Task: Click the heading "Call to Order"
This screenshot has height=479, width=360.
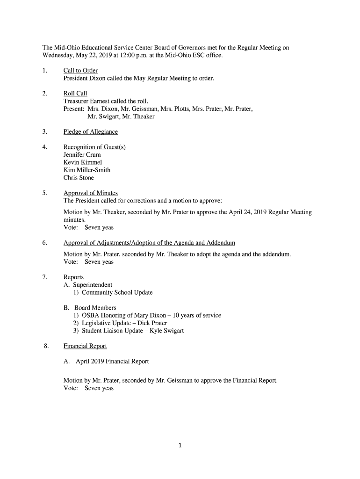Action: (80, 71)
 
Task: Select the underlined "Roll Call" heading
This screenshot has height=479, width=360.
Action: (75, 94)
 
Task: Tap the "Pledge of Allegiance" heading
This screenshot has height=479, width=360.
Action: (91, 132)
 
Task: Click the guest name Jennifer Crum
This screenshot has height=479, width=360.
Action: (82, 155)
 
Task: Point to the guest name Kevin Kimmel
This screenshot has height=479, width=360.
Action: (82, 162)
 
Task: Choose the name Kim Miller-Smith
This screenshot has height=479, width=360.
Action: (87, 170)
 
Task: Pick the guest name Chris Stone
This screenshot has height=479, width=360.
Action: (79, 178)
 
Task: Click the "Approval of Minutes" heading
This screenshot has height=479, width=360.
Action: (91, 193)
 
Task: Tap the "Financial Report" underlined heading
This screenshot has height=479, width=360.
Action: (85, 346)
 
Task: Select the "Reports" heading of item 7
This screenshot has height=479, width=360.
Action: (73, 277)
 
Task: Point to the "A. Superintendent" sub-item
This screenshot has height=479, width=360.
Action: (88, 285)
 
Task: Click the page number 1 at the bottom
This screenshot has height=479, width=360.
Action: (180, 445)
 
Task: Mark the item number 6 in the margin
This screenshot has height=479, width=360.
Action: (44, 243)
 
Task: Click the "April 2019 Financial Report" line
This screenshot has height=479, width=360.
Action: (106, 362)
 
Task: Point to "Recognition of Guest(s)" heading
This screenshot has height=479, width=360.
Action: (94, 147)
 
